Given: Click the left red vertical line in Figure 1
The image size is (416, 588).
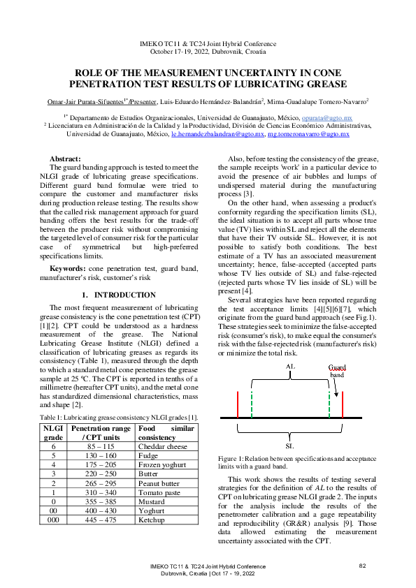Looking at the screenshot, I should (238, 404).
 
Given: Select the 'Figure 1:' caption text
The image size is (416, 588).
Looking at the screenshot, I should (232, 457).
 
